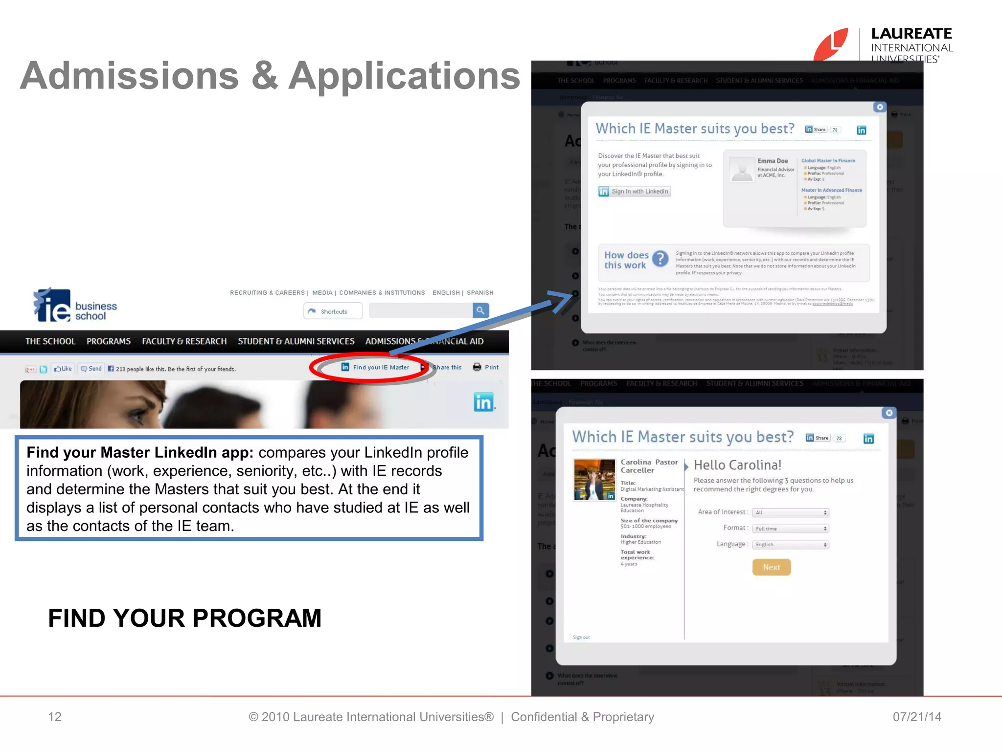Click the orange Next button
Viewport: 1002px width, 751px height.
point(771,567)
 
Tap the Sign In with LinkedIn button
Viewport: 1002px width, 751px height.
point(634,191)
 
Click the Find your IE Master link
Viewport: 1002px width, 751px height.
point(375,367)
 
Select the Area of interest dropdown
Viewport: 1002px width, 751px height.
point(790,512)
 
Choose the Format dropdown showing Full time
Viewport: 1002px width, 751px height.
point(790,529)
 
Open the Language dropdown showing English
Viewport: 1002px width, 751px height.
point(790,545)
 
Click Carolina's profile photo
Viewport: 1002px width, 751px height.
point(594,479)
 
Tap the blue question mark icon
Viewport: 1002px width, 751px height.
point(660,259)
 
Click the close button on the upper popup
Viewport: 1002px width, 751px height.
point(880,107)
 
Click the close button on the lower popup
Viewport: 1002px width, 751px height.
point(889,413)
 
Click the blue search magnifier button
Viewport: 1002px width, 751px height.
point(480,310)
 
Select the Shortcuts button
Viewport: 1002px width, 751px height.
point(333,311)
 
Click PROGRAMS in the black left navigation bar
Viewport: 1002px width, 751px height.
point(109,341)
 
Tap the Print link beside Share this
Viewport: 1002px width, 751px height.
point(486,367)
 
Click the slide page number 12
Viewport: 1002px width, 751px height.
point(55,717)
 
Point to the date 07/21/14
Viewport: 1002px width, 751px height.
point(916,717)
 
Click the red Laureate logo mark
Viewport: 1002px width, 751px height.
point(831,45)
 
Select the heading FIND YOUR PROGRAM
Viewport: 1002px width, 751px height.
point(184,618)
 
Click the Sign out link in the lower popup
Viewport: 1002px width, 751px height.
point(581,638)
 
